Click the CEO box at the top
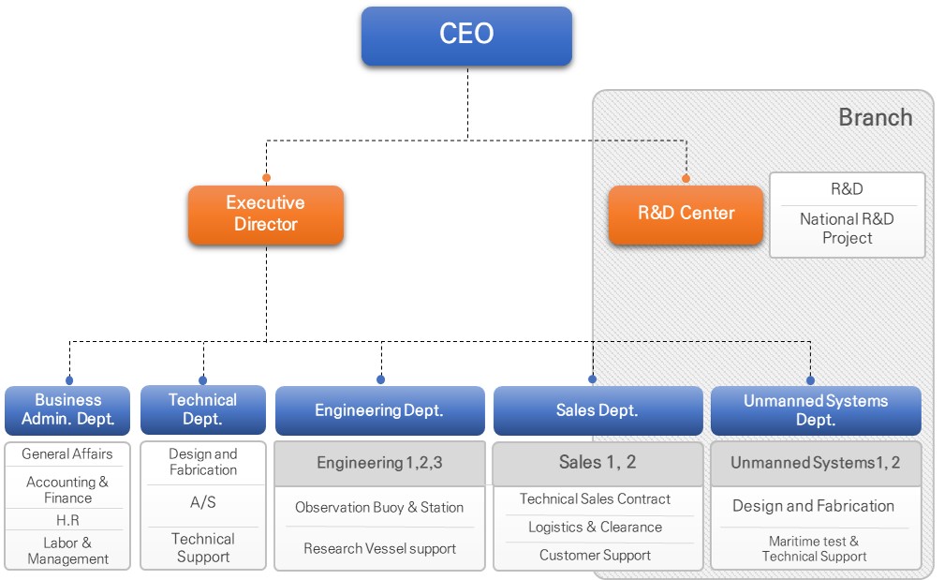466,36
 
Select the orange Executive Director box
266,215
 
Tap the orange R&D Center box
686,214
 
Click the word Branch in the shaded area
875,117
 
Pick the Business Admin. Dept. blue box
67,409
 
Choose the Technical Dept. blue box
202,409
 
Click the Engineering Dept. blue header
379,410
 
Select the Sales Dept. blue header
598,410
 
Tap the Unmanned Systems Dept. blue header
816,410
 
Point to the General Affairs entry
67,454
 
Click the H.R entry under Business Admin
67,520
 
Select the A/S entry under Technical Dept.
203,502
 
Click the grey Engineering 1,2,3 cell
379,463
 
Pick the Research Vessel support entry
379,549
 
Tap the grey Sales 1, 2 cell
598,462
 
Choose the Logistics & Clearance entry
595,528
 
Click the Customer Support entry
595,556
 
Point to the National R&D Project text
847,229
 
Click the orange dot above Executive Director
266,177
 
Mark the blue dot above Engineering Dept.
380,379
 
